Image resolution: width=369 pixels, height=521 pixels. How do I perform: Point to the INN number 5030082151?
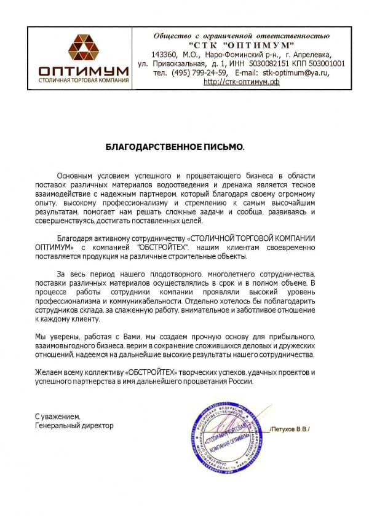click(x=265, y=63)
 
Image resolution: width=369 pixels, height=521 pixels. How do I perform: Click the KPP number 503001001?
click(x=323, y=63)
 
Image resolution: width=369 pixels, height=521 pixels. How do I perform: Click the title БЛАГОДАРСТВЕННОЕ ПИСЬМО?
click(x=175, y=147)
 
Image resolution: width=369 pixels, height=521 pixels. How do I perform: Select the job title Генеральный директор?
click(x=74, y=425)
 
